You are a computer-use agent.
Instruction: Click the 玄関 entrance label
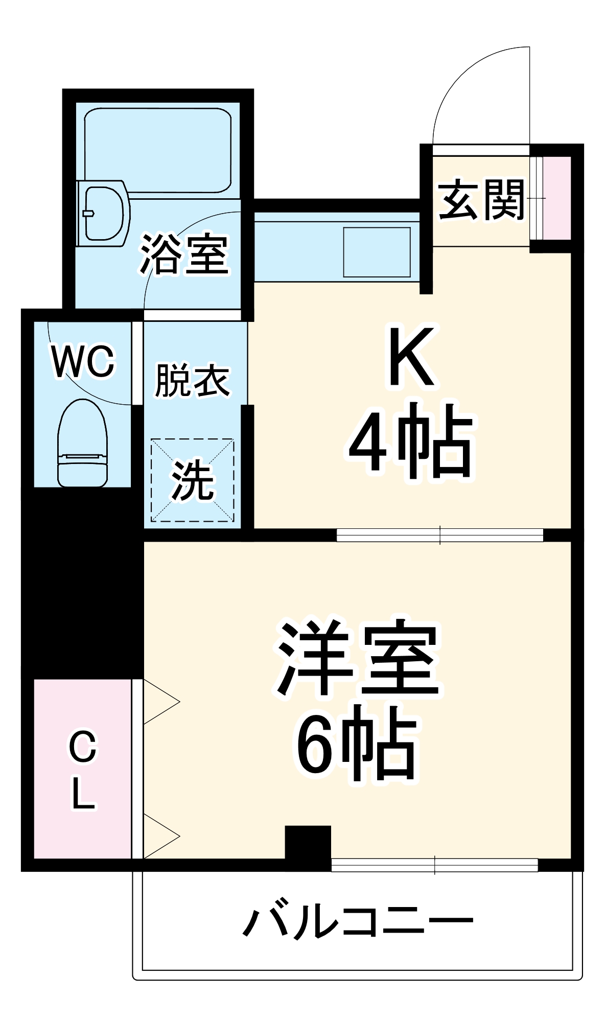[481, 200]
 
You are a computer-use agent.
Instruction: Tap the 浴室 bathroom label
[184, 254]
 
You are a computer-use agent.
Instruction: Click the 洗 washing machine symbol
[192, 480]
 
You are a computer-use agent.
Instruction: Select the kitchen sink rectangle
[377, 252]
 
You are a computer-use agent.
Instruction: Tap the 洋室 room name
[358, 659]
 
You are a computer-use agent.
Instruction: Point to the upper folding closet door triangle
[159, 702]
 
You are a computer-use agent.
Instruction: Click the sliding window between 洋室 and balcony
[434, 865]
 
